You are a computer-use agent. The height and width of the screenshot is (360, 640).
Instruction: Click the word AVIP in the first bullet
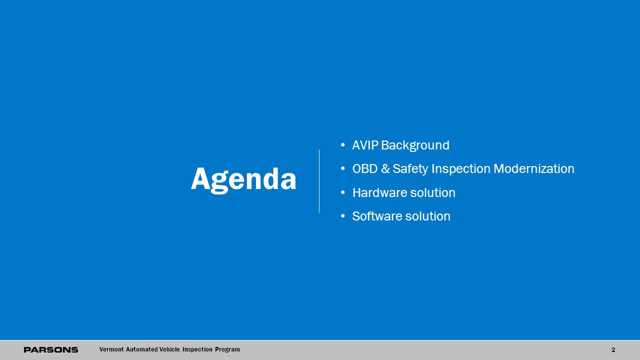(x=365, y=145)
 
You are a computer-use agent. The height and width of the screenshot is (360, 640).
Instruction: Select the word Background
(x=415, y=145)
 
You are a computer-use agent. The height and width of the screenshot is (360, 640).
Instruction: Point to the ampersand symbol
(x=385, y=168)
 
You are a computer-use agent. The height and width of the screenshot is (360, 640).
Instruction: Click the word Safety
(x=410, y=169)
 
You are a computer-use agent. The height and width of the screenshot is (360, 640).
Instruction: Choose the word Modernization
(x=534, y=168)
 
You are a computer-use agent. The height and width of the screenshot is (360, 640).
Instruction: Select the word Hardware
(x=379, y=192)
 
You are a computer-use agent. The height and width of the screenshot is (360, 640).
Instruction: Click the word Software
(x=377, y=216)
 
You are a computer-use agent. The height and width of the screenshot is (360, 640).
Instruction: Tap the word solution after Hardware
(x=433, y=192)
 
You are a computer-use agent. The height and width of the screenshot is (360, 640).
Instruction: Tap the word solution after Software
(x=427, y=216)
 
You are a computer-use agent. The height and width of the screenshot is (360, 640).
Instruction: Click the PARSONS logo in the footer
(x=51, y=349)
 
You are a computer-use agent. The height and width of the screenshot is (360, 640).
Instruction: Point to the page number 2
(x=613, y=349)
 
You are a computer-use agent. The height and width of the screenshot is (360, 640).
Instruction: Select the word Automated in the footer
(x=141, y=349)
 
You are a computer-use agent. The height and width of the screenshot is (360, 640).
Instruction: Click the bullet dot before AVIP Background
(x=343, y=145)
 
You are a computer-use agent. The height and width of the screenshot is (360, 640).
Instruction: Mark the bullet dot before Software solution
(x=343, y=216)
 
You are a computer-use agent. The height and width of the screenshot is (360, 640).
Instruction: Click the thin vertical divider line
(x=319, y=181)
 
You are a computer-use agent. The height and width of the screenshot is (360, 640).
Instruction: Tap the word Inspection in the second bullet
(x=461, y=169)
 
